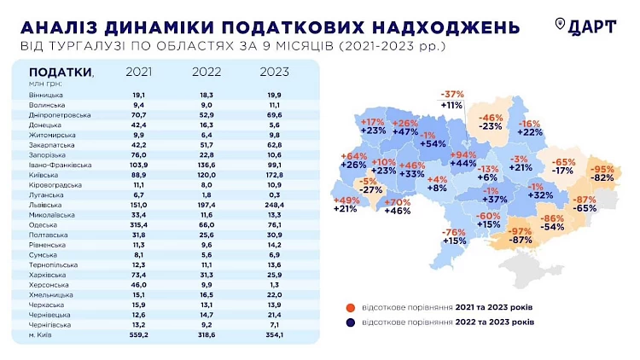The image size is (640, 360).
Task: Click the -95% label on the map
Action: pyautogui.click(x=604, y=168)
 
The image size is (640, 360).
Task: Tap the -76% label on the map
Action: pyautogui.click(x=454, y=232)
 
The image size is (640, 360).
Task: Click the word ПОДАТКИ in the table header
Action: pyautogui.click(x=59, y=72)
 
